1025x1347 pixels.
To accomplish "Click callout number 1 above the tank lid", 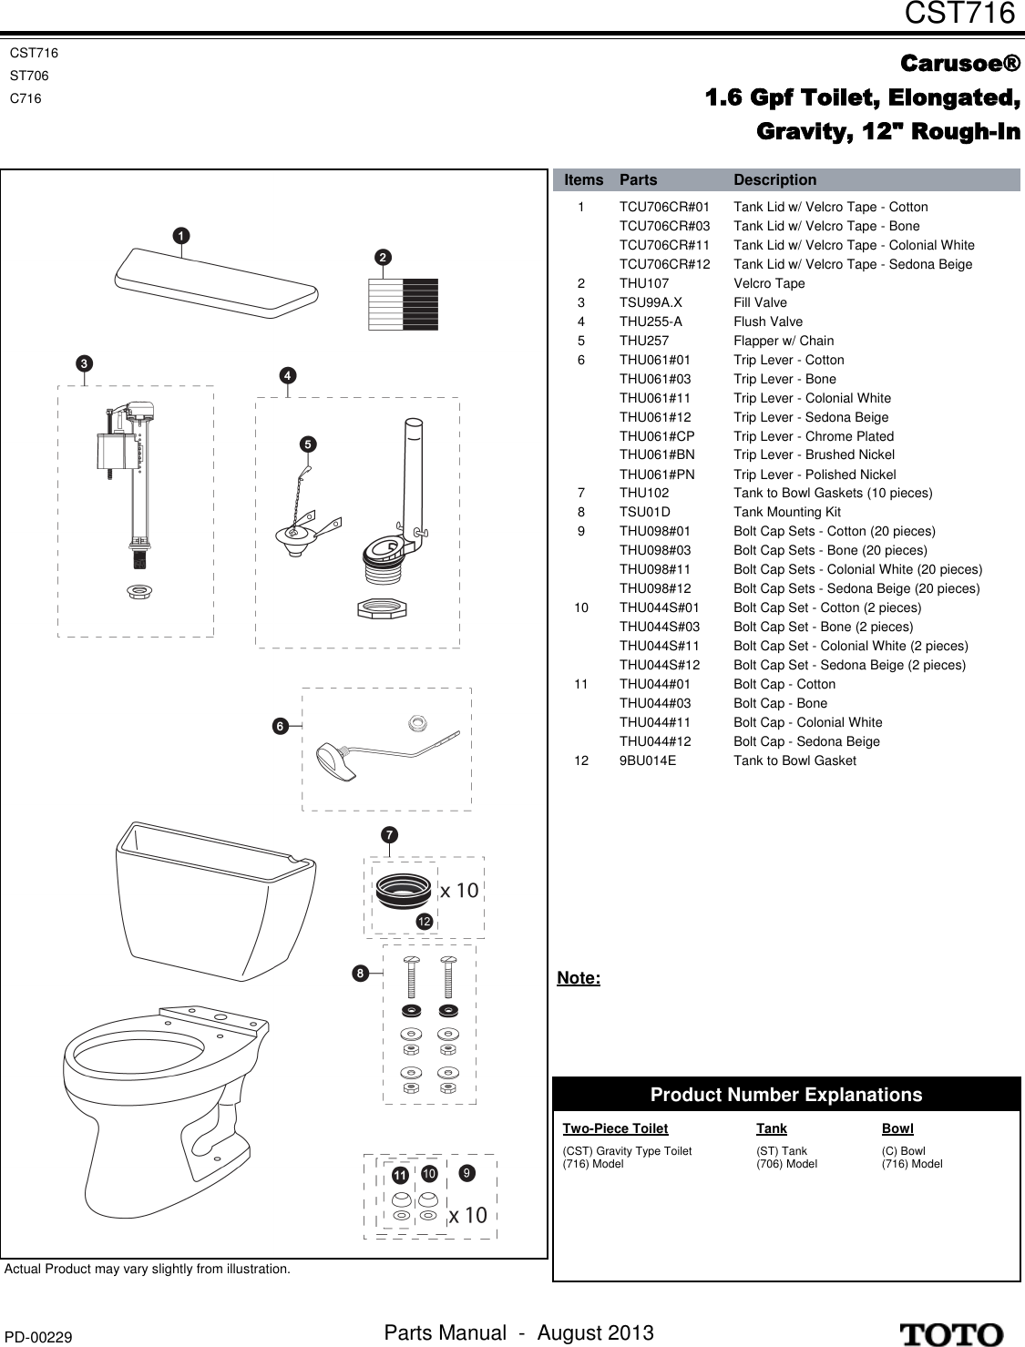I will (182, 236).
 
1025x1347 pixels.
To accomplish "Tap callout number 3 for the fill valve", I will (83, 362).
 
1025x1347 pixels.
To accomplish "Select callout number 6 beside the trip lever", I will (281, 726).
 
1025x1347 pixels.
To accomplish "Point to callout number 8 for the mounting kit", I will (361, 974).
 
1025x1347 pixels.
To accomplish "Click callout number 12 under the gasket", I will (424, 922).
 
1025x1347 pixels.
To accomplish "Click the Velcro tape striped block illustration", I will (403, 304).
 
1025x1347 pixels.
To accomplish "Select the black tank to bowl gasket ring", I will (404, 888).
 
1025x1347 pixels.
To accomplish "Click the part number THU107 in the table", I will (643, 283).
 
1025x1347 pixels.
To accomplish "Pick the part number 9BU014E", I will (648, 760).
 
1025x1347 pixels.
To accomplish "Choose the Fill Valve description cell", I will (760, 302).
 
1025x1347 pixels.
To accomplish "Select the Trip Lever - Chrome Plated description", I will (814, 436).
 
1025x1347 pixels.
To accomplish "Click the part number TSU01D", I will (644, 512).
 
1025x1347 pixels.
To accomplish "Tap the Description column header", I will (774, 180).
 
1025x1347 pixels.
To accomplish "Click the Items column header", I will (583, 180).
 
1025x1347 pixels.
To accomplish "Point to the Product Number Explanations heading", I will (785, 1095).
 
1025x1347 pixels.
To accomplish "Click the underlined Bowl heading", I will (897, 1128).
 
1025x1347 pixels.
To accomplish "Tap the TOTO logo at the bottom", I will (952, 1334).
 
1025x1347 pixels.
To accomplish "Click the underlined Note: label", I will (579, 978).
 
